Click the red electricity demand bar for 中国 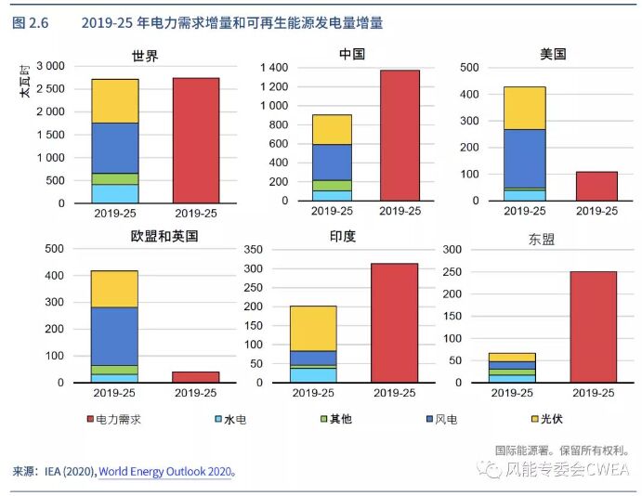click(400, 135)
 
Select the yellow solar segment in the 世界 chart click(115, 100)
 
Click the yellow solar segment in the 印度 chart click(313, 328)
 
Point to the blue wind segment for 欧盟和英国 click(114, 333)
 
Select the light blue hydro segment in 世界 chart click(115, 193)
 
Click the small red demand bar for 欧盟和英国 click(196, 377)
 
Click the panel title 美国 click(553, 55)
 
